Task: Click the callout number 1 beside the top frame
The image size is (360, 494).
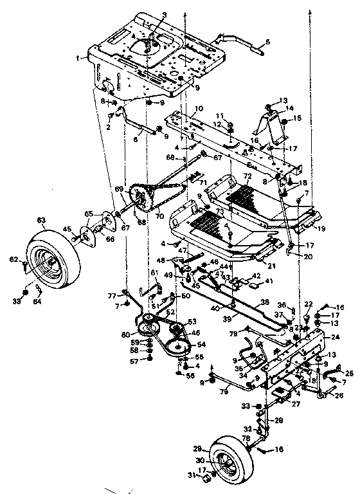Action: pos(78,57)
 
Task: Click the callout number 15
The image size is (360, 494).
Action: pos(298,119)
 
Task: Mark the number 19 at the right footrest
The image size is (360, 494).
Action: pos(321,228)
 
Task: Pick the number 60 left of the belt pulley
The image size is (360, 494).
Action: pos(133,334)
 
